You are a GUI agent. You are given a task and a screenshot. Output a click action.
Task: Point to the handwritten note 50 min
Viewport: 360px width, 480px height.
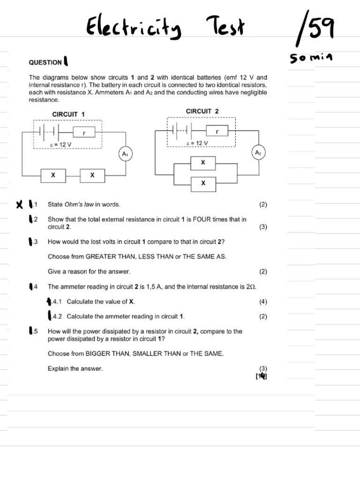click(311, 58)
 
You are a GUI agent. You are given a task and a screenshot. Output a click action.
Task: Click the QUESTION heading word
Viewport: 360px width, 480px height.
click(45, 62)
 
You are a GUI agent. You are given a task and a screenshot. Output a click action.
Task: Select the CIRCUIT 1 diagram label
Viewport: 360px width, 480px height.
click(68, 114)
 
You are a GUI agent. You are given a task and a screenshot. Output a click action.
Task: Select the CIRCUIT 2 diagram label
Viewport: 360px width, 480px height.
click(202, 111)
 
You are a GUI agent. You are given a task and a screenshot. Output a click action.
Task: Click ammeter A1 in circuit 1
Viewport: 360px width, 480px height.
click(125, 154)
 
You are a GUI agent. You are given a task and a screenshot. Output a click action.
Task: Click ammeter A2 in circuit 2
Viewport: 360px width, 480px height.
click(258, 152)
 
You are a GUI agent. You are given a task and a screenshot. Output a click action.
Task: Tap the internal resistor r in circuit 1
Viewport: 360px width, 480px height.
click(84, 133)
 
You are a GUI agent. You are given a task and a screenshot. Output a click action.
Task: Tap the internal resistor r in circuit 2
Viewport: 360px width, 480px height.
click(217, 132)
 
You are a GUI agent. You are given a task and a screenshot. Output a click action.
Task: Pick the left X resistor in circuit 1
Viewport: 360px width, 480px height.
click(53, 175)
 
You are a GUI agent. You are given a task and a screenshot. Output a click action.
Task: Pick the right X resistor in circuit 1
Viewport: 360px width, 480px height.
click(92, 175)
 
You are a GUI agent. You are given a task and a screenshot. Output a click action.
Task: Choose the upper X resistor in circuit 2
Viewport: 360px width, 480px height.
click(203, 163)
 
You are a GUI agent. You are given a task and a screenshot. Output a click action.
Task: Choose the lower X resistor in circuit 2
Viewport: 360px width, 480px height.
click(203, 183)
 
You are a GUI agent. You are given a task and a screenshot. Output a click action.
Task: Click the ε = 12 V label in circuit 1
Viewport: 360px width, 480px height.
click(60, 145)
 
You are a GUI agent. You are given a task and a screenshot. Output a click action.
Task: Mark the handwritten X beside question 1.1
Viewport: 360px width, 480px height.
click(19, 205)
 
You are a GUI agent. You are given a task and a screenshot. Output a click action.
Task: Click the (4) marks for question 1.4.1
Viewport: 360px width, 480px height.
click(262, 302)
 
